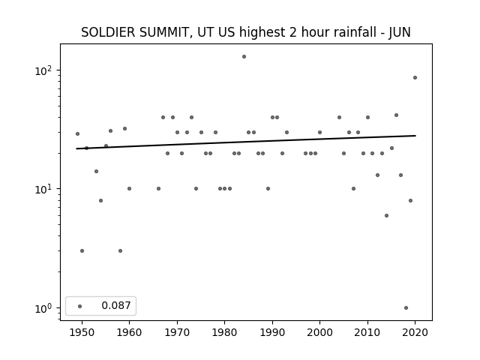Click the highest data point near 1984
click(244, 57)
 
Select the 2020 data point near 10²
click(415, 78)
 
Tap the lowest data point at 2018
click(406, 308)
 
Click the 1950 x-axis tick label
click(82, 332)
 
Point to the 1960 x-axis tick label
click(129, 332)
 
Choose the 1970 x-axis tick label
click(177, 332)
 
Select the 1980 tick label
click(224, 332)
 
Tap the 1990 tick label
click(272, 332)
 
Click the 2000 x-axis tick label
click(319, 332)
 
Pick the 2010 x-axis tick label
click(367, 332)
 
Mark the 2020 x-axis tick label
click(415, 332)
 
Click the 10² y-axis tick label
click(43, 70)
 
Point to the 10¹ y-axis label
click(43, 189)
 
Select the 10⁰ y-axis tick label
click(43, 308)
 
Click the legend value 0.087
click(116, 305)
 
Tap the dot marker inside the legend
click(80, 306)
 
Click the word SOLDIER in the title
click(108, 32)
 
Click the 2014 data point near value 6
click(387, 216)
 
